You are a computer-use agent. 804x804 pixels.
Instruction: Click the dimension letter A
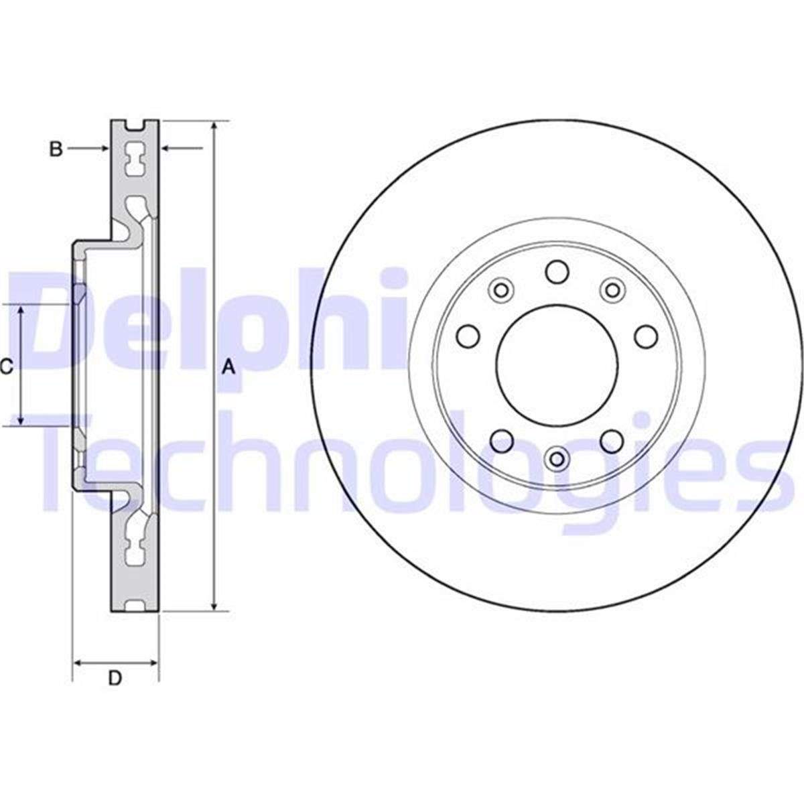point(229,366)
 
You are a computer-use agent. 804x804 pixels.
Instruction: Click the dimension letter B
point(56,149)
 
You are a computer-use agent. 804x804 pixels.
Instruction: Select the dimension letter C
point(6,366)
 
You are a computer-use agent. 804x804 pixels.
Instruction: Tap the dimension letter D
point(115,679)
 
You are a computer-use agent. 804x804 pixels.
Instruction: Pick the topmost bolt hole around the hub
point(557,272)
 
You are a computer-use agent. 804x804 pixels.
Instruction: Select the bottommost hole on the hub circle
point(557,458)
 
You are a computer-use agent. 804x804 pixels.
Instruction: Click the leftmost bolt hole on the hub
point(468,336)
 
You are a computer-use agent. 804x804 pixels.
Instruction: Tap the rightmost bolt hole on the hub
point(646,336)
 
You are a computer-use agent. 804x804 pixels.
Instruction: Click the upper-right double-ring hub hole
point(612,290)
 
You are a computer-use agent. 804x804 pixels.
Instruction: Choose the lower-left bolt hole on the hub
point(502,440)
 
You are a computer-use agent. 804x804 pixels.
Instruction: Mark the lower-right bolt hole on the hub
point(612,440)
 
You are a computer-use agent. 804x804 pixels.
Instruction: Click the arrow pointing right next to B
point(103,148)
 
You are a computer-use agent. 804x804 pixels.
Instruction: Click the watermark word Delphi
point(208,322)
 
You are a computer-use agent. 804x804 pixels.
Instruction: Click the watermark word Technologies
point(415,462)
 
